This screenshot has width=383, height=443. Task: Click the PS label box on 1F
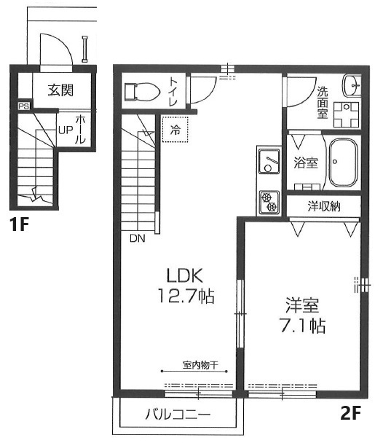pos(24,106)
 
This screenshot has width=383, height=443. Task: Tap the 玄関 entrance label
pos(60,90)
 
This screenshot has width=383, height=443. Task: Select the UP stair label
pos(66,130)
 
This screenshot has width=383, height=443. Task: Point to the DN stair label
pos(138,238)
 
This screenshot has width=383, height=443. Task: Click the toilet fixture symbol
pos(142,91)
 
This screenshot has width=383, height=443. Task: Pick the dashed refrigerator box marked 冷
pos(175,130)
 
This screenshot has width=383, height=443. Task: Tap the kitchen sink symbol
pos(269,162)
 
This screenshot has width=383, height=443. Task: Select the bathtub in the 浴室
pos(344,162)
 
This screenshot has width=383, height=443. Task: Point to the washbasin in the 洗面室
pos(352,85)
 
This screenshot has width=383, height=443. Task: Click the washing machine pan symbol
pos(346,114)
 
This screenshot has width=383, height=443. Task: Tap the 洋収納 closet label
pos(324,206)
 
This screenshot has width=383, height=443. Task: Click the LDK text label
pos(185,275)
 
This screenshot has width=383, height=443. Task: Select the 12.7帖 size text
pos(186,296)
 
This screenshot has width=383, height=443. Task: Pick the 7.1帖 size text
pos(302,326)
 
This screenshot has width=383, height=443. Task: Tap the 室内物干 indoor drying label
pos(201,365)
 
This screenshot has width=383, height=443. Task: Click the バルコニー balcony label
pos(178,415)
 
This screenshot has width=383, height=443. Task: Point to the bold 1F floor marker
pos(19,224)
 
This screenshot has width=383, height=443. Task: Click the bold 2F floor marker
pos(351,413)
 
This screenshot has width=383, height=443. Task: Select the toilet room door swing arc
pos(208,95)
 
